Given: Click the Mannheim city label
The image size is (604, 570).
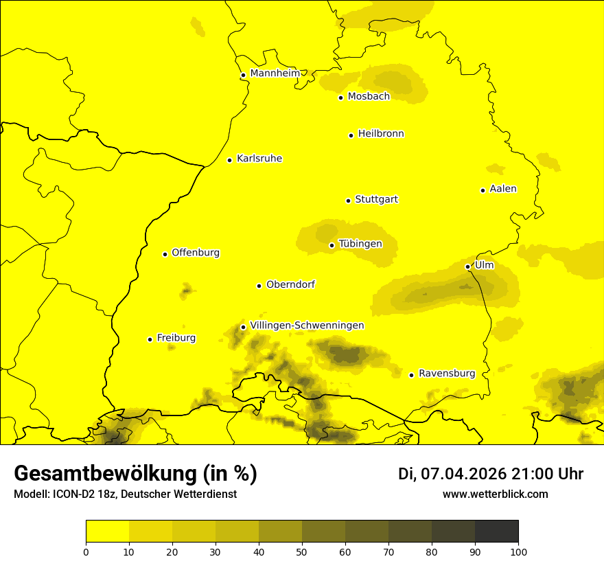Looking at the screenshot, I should pos(275,73).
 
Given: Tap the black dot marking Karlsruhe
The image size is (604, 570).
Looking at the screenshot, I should pos(230,160).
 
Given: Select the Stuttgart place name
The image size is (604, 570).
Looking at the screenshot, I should pos(376,199).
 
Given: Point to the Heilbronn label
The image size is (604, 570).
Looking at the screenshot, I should pos(381,133).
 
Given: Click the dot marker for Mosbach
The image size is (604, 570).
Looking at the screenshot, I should pos(340,98).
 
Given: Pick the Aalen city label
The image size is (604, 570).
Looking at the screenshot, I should pos(502,188).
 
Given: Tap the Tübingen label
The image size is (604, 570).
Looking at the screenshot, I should pos(360,243).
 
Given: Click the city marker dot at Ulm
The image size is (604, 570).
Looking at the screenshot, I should pos(468,266).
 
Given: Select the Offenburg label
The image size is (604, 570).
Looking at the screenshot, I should pos(196,252).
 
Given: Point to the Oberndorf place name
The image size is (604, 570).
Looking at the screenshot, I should pos(290,284).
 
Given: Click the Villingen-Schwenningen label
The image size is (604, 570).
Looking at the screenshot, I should pos(307,325).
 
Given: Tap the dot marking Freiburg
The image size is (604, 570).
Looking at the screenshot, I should pos(150,339).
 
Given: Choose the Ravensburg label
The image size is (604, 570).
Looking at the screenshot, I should pos(447,373).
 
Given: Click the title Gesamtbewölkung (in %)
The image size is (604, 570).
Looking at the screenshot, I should pos(135,473).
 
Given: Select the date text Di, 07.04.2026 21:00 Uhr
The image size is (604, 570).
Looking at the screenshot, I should pos(491,474).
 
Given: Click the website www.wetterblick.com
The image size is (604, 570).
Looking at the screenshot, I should pos(495,494).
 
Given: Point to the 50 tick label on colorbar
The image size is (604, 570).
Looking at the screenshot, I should pos(302,551).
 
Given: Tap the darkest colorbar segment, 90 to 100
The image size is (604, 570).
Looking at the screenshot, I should pos(496,531).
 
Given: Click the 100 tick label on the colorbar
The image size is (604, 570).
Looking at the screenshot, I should pos(518,551).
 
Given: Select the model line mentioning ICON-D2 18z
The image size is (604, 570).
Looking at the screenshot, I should pos(125,494).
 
